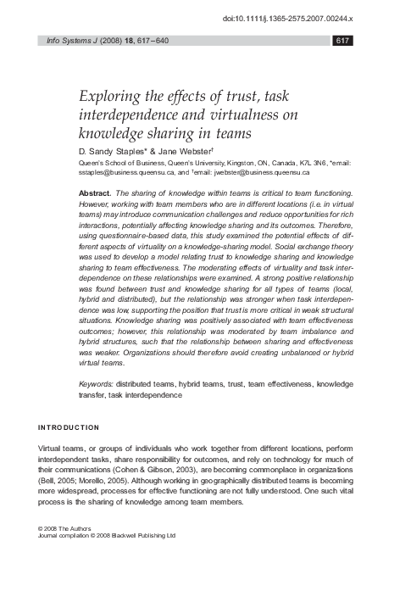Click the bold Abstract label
(94, 193)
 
